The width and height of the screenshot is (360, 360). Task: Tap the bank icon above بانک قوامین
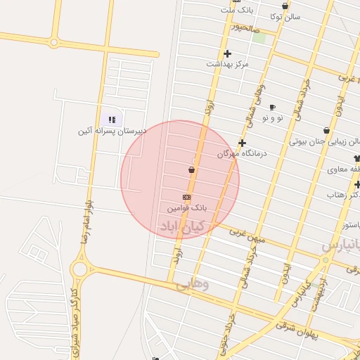pos(186,198)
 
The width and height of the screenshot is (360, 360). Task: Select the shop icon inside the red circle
pos(191,169)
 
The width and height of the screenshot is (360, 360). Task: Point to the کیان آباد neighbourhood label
pos(183,226)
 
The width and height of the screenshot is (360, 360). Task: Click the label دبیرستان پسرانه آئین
pos(112,131)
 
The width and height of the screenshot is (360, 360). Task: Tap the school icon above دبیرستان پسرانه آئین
pos(112,120)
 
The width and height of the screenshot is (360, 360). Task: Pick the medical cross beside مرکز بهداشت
pos(227,53)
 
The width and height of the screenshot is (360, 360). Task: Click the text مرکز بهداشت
pos(228,64)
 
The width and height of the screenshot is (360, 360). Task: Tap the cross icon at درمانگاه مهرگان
pos(242,143)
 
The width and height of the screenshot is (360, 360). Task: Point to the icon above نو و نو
pos(272,107)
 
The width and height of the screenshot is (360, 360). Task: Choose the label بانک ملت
pos(236,10)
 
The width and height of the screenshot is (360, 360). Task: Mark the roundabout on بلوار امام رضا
pos(79,268)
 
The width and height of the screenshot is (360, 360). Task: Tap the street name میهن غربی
pos(247,237)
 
